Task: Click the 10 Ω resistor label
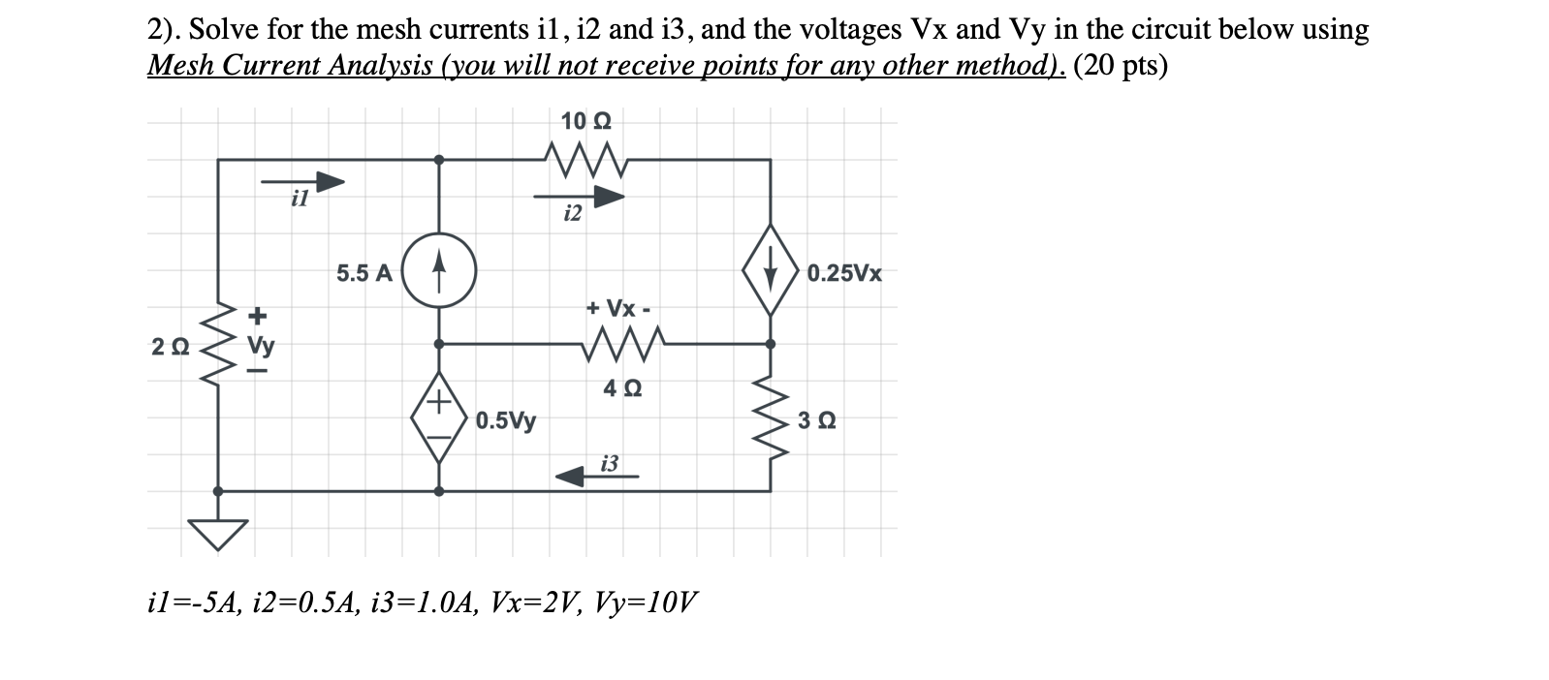(585, 121)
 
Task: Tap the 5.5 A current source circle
(439, 272)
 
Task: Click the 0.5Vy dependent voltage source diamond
(439, 417)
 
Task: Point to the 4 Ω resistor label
(621, 388)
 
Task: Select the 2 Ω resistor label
(170, 346)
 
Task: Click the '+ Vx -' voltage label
(618, 309)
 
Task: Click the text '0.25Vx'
(844, 273)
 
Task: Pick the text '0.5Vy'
(505, 420)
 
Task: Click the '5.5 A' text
(364, 273)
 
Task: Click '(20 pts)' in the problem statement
(1121, 65)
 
